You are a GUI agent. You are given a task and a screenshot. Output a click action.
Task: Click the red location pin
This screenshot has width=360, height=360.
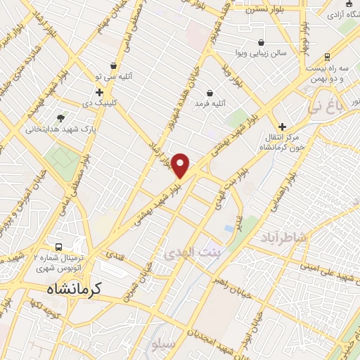pos(181,165)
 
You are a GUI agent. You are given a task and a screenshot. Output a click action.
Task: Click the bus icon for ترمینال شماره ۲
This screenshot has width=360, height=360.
pos(58,247)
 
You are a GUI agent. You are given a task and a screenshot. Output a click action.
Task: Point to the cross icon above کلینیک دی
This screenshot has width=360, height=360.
pos(99,92)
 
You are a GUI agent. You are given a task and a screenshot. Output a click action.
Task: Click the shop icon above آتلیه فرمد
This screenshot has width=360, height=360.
pos(210,93)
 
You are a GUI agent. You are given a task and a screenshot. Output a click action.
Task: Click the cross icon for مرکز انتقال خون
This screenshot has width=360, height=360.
pos(282,127)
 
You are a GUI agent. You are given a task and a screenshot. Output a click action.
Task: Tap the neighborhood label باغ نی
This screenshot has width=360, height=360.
pos(327,108)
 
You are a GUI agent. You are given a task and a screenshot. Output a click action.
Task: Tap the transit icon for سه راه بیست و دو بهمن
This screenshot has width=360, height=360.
pos(327,57)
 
